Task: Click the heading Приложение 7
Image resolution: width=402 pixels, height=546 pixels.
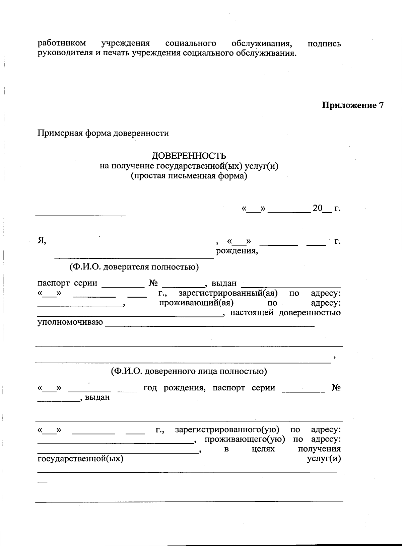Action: [352, 105]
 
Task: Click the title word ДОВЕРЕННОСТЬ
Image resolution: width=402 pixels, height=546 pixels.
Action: [189, 156]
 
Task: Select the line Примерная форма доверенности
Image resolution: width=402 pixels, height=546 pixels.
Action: [103, 133]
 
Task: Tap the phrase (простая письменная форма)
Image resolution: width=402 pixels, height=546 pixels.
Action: [189, 176]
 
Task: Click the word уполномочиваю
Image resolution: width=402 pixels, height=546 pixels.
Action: [70, 322]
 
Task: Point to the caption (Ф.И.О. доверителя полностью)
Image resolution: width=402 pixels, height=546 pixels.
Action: [134, 267]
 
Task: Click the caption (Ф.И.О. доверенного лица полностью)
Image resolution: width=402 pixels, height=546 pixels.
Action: [189, 371]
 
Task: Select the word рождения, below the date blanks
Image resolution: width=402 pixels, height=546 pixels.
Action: [237, 251]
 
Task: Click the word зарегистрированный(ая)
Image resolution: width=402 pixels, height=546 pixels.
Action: [228, 293]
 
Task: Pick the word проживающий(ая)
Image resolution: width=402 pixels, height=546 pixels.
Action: [196, 303]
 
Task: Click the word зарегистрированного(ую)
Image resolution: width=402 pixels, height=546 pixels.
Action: [227, 430]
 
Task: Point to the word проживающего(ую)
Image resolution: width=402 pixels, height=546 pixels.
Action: [245, 439]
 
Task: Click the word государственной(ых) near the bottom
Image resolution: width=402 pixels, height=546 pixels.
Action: [80, 459]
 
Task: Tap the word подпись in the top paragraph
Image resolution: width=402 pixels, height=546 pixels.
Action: [324, 44]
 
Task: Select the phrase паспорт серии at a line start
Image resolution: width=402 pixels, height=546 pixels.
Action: [67, 283]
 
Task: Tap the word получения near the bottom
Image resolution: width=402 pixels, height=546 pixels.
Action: [319, 449]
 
